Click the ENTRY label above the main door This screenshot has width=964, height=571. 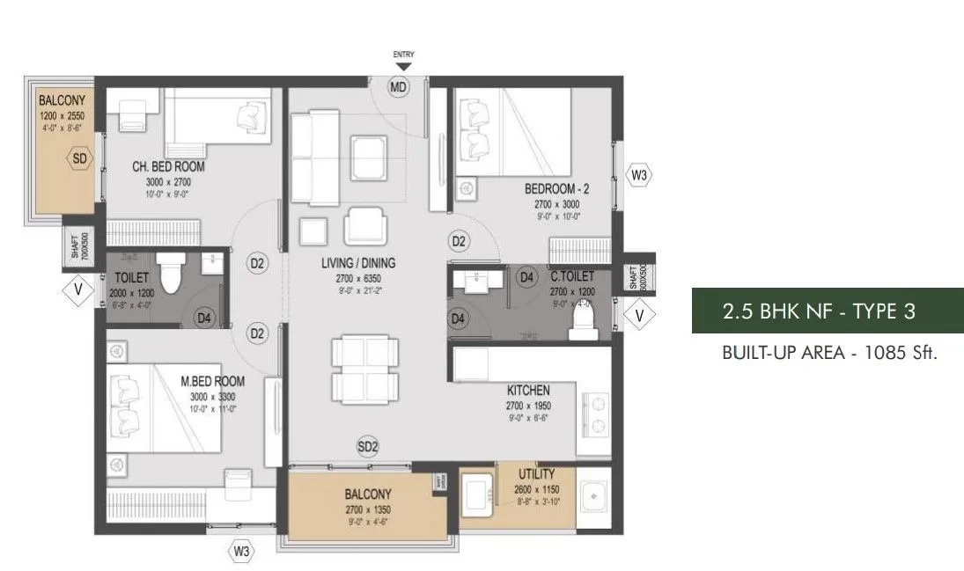(x=403, y=55)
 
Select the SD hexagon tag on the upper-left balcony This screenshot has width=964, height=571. (x=80, y=160)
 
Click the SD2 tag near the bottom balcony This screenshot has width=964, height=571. (x=367, y=447)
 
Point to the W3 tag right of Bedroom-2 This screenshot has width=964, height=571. (x=640, y=176)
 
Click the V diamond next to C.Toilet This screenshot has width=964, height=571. (x=640, y=312)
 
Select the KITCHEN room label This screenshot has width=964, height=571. (x=528, y=390)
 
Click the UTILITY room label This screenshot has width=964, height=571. (x=536, y=474)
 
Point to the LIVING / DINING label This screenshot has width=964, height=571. (x=358, y=263)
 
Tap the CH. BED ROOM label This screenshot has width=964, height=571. (x=168, y=166)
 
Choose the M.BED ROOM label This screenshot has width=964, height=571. (x=212, y=382)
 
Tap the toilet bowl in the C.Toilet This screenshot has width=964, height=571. (x=583, y=321)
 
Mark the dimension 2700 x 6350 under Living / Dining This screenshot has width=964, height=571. (x=358, y=277)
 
